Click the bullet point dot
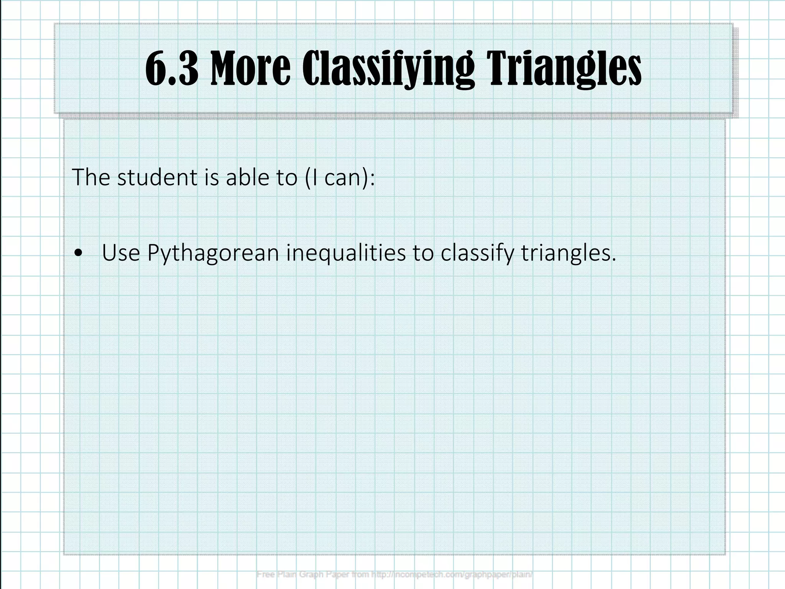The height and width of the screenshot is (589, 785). pos(79,253)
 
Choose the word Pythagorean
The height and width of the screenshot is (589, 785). pos(213,254)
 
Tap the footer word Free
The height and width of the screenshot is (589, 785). pos(264,574)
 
